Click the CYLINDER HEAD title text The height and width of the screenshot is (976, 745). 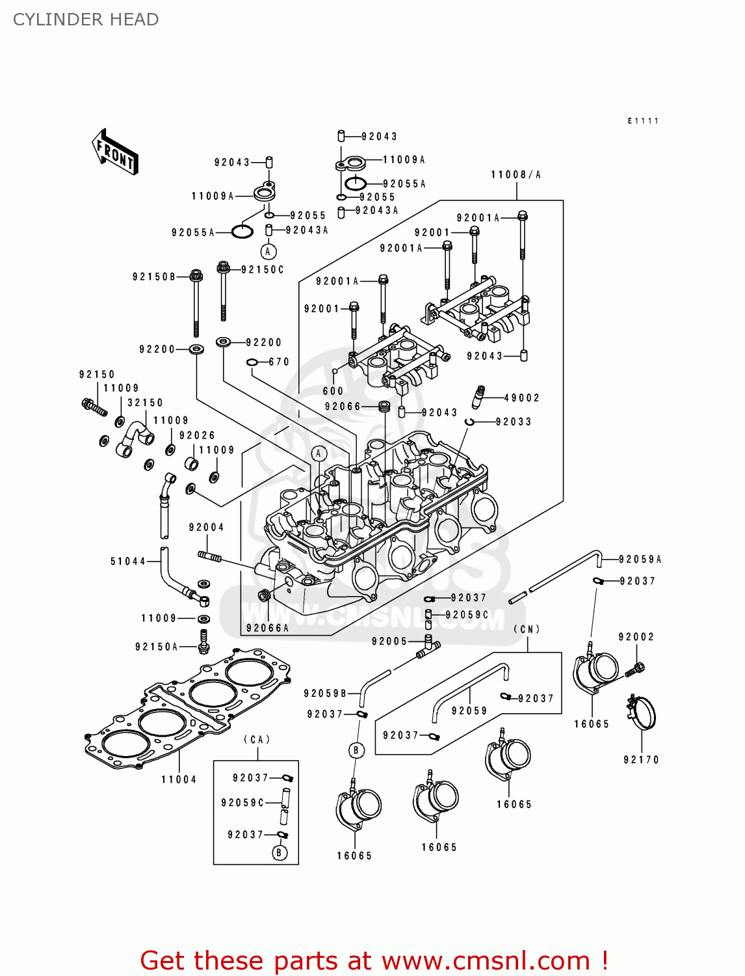pyautogui.click(x=86, y=20)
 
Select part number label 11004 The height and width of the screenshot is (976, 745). pyautogui.click(x=179, y=779)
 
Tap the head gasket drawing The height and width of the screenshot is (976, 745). pyautogui.click(x=189, y=706)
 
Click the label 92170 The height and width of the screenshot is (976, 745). pyautogui.click(x=641, y=760)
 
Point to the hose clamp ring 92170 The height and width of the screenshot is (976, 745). pyautogui.click(x=642, y=714)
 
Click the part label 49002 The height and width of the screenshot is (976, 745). pyautogui.click(x=521, y=398)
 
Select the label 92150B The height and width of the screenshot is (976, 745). pyautogui.click(x=154, y=277)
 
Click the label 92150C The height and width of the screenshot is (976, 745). pyautogui.click(x=263, y=269)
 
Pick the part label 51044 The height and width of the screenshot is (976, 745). pyautogui.click(x=128, y=562)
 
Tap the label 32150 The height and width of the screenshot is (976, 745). pyautogui.click(x=145, y=403)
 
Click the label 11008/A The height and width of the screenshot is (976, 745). pyautogui.click(x=516, y=175)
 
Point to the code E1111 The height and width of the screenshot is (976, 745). pyautogui.click(x=643, y=121)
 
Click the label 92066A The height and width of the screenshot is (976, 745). pyautogui.click(x=267, y=629)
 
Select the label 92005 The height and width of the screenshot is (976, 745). pyautogui.click(x=389, y=642)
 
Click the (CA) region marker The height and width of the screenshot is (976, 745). pyautogui.click(x=257, y=740)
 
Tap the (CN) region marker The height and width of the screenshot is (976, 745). pyautogui.click(x=527, y=629)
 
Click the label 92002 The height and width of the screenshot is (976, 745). pyautogui.click(x=636, y=637)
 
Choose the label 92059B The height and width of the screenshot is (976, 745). pyautogui.click(x=325, y=694)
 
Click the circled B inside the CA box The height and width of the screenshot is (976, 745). pyautogui.click(x=280, y=852)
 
